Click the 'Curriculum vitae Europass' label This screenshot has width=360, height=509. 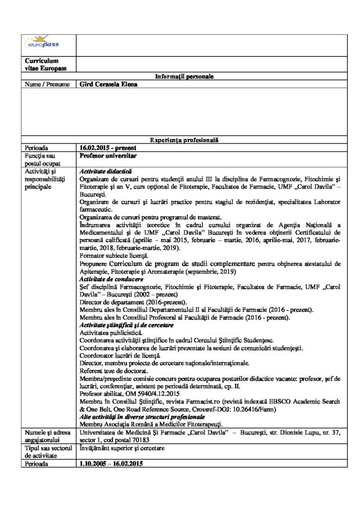(42, 64)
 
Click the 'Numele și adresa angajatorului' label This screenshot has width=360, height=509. (44, 436)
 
